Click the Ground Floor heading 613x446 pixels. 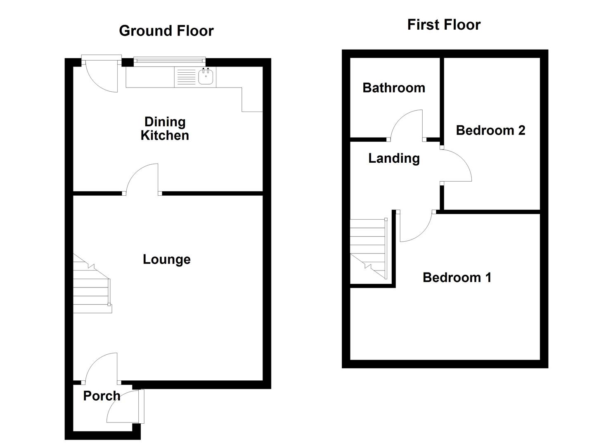pyautogui.click(x=166, y=31)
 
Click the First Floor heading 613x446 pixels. pyautogui.click(x=444, y=25)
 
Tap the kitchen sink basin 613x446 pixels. pyautogui.click(x=206, y=76)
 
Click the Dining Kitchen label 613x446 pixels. pyautogui.click(x=165, y=128)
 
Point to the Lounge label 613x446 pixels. pyautogui.click(x=167, y=259)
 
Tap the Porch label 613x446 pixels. pyautogui.click(x=102, y=396)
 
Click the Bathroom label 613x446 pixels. pyautogui.click(x=394, y=88)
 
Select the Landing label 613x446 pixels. pyautogui.click(x=394, y=158)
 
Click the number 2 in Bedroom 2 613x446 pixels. pyautogui.click(x=521, y=130)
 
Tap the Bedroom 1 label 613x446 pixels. pyautogui.click(x=457, y=277)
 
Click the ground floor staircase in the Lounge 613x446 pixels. pyautogui.click(x=92, y=285)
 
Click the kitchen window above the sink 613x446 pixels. pyautogui.click(x=170, y=62)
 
